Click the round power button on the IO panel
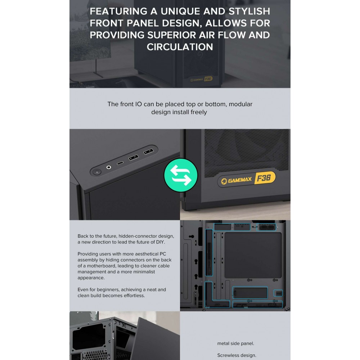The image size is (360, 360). (97, 171)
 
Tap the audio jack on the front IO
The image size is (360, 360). (109, 167)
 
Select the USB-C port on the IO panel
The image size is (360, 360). (120, 163)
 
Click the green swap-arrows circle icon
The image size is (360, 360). (181, 175)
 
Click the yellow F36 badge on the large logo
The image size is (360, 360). (265, 178)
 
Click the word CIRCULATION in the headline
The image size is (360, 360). (180, 47)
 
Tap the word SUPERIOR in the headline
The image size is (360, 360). (171, 35)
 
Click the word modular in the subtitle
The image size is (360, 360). (240, 104)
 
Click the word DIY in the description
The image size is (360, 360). (160, 242)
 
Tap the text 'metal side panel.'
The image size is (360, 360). (235, 343)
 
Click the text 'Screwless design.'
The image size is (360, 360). (237, 355)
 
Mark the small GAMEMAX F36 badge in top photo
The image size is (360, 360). (201, 79)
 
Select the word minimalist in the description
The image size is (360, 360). (144, 272)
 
